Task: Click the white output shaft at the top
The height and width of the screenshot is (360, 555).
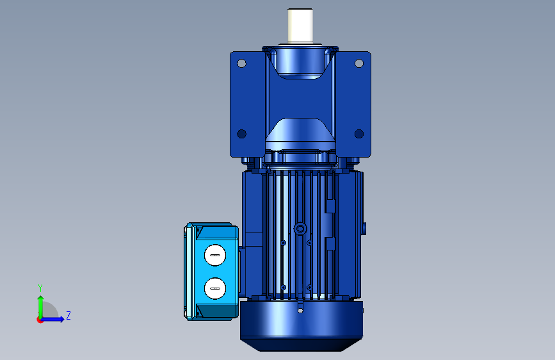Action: tap(300, 26)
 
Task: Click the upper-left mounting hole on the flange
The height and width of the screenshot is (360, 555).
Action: tap(241, 63)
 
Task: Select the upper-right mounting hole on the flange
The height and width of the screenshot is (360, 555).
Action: tap(359, 63)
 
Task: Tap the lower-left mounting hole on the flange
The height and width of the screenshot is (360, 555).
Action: tap(241, 134)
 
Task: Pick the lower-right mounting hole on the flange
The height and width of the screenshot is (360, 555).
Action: tap(359, 134)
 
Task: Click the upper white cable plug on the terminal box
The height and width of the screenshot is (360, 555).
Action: tap(215, 255)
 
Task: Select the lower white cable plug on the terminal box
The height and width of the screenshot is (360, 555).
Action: tap(215, 288)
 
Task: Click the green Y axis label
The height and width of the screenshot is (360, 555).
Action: tap(40, 288)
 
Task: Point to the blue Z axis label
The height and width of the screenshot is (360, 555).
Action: tap(68, 315)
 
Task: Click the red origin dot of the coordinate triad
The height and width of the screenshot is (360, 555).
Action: tap(40, 320)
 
